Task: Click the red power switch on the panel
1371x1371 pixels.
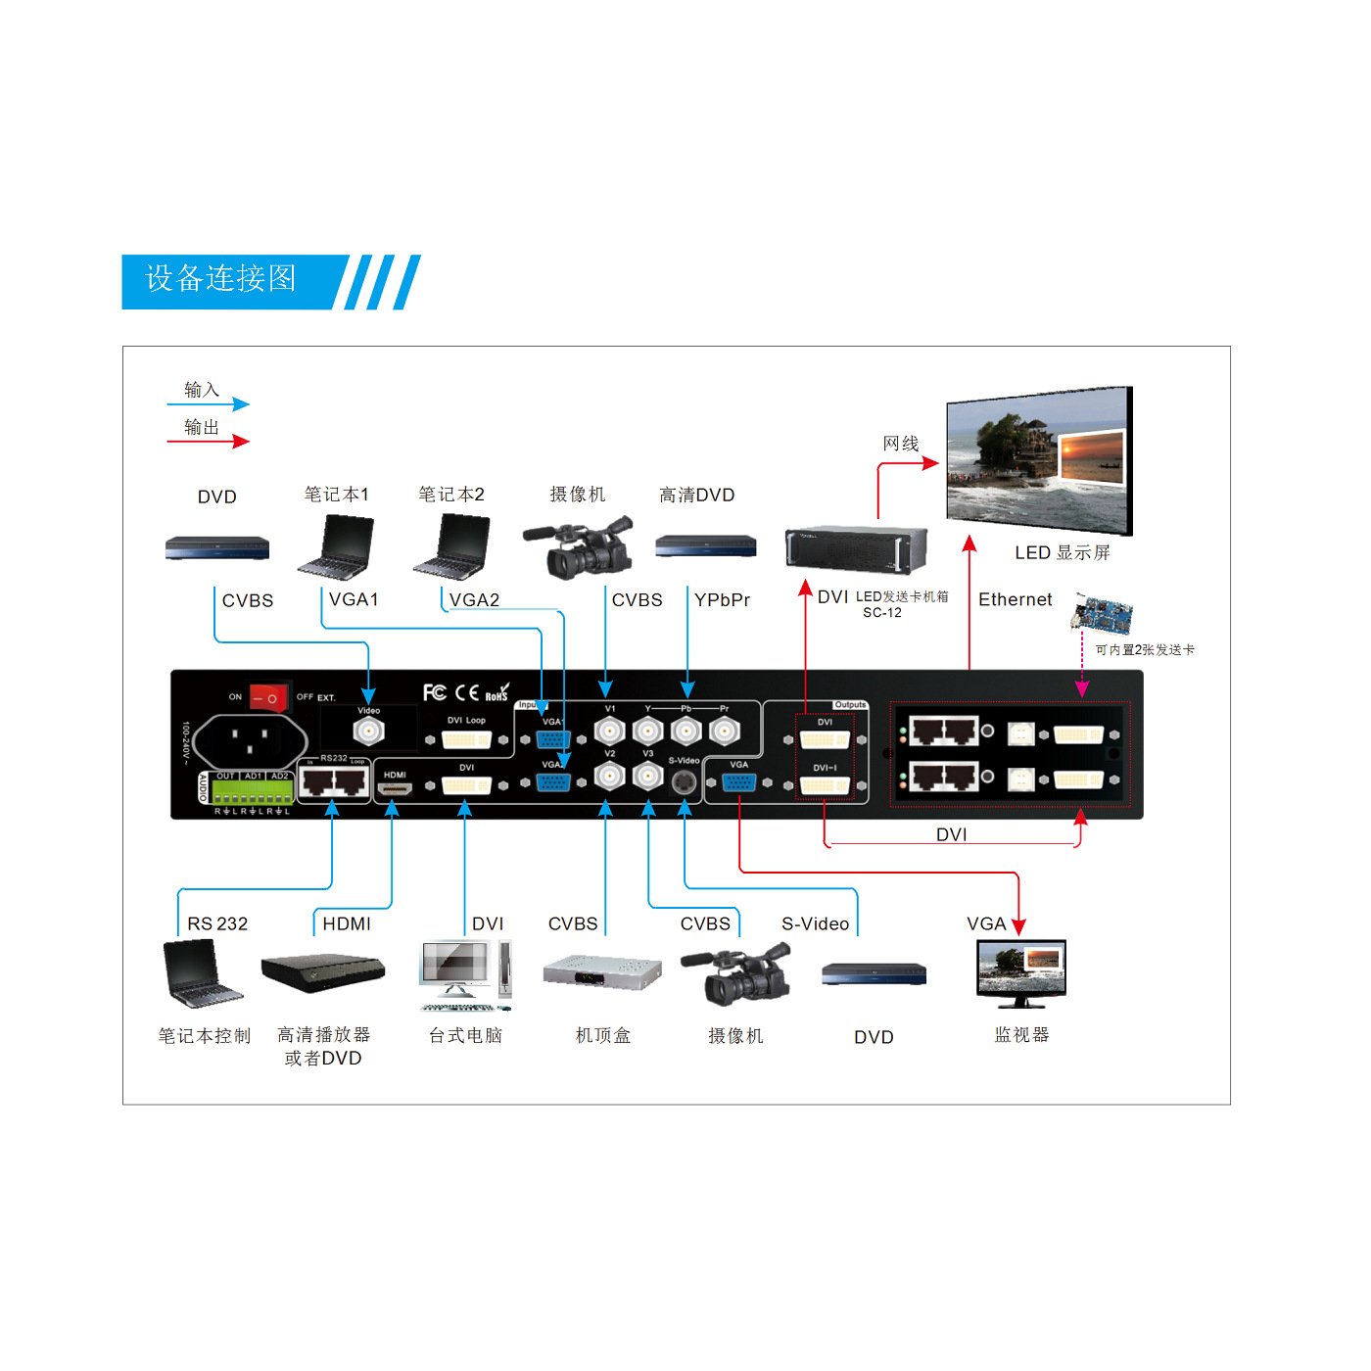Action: (267, 697)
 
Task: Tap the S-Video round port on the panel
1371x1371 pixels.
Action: (684, 780)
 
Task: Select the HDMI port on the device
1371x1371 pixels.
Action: (395, 787)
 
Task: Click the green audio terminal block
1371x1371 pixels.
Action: (253, 791)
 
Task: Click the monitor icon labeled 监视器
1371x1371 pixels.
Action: (1021, 973)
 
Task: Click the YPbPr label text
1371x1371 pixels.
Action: (722, 600)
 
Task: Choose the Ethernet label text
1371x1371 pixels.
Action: (1015, 599)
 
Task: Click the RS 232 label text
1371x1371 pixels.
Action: (217, 923)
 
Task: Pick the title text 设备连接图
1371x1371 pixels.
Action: (220, 279)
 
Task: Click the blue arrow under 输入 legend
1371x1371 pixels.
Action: (208, 403)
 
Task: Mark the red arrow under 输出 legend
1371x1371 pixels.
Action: (208, 441)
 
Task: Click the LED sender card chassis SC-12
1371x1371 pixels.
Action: (855, 549)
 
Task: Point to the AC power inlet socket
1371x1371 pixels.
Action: (249, 740)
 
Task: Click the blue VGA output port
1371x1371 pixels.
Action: (738, 781)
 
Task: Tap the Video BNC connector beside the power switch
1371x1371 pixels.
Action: (368, 731)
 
